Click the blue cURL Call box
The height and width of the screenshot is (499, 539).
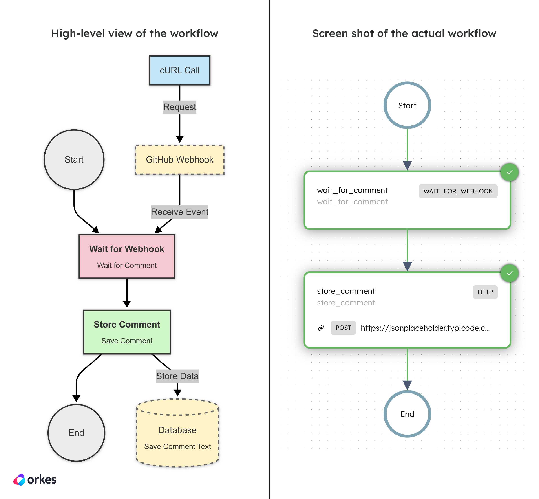pyautogui.click(x=180, y=70)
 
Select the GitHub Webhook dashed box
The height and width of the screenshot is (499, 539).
pyautogui.click(x=180, y=160)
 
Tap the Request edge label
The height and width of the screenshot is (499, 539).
pyautogui.click(x=180, y=107)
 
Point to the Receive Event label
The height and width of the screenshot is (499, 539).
pyautogui.click(x=180, y=212)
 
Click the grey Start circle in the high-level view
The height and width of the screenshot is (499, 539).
pyautogui.click(x=74, y=160)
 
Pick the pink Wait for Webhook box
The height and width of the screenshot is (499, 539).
pyautogui.click(x=127, y=256)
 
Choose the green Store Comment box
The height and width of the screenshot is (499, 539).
pyautogui.click(x=127, y=332)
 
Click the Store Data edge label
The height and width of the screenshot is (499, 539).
pyautogui.click(x=177, y=376)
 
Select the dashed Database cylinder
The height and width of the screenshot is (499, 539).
pyautogui.click(x=177, y=433)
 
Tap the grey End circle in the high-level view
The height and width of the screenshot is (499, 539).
pyautogui.click(x=76, y=433)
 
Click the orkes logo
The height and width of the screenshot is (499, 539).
pyautogui.click(x=35, y=479)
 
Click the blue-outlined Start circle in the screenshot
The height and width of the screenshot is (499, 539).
pyautogui.click(x=407, y=105)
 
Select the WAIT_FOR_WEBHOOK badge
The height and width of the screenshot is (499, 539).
pyautogui.click(x=458, y=191)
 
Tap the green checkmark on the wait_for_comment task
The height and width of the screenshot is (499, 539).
pyautogui.click(x=510, y=172)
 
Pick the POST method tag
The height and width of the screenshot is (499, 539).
pyautogui.click(x=343, y=328)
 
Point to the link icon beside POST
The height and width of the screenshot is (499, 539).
pyautogui.click(x=321, y=328)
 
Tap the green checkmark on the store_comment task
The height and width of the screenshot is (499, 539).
pyautogui.click(x=510, y=273)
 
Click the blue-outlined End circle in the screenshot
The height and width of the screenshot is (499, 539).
pyautogui.click(x=407, y=414)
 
